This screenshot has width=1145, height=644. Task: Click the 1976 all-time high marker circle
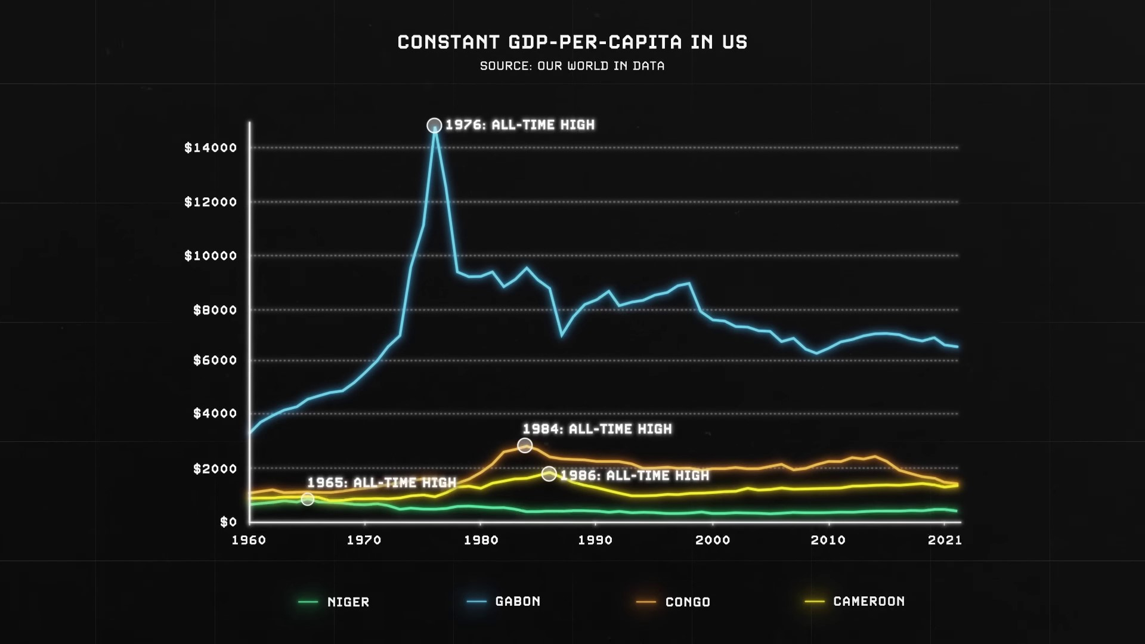434,125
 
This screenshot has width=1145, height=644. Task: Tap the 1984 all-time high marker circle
525,445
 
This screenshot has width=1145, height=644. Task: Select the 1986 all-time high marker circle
549,474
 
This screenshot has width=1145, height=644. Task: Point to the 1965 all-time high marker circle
307,499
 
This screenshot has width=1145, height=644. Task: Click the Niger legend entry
335,602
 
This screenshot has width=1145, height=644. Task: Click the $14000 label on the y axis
211,148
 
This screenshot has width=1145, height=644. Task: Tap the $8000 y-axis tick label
215,310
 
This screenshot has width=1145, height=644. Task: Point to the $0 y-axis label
228,522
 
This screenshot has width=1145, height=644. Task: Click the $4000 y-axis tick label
215,414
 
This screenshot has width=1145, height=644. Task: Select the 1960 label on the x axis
249,540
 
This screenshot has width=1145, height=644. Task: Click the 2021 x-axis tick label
945,540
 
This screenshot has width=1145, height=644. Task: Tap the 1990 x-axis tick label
595,540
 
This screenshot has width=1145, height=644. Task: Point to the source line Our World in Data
572,66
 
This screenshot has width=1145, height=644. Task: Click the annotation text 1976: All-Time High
520,125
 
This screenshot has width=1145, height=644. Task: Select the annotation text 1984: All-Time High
597,429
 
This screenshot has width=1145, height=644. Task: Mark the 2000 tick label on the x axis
713,540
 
